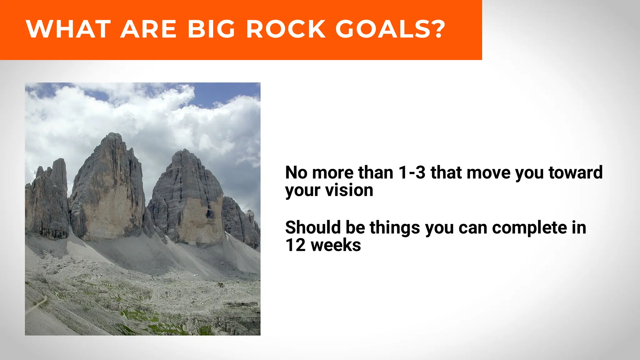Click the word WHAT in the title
(68, 29)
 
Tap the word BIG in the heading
(211, 29)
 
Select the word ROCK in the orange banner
(286, 29)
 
